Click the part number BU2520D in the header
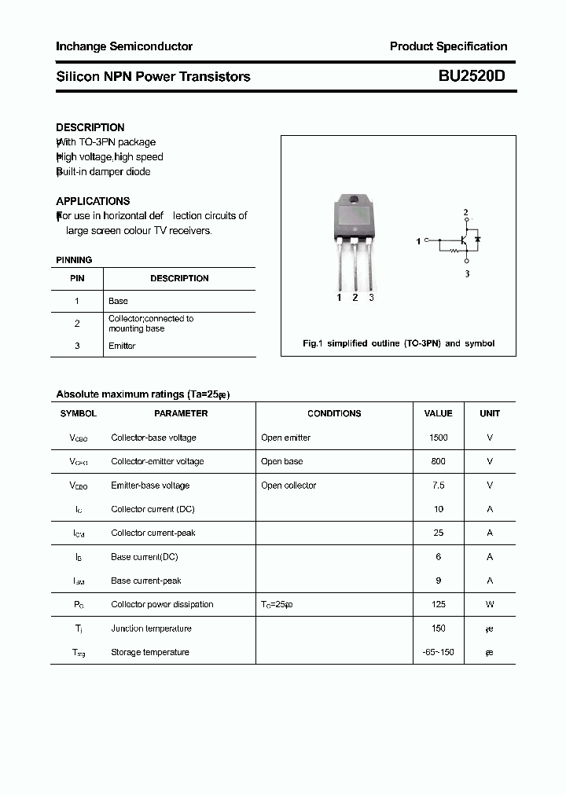[472, 76]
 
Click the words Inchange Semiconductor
[124, 46]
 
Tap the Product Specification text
[448, 46]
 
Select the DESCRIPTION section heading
[90, 127]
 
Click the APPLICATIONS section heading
[93, 201]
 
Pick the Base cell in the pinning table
[118, 301]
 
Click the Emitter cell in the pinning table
[122, 346]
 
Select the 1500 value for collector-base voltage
[438, 438]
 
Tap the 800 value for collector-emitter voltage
[438, 461]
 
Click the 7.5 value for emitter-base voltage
[438, 485]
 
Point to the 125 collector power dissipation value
[438, 604]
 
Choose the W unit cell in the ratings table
[490, 604]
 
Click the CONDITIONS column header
[334, 413]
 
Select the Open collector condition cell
[289, 485]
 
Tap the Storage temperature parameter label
[150, 652]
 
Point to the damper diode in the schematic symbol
[477, 237]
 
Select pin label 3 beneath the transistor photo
[371, 298]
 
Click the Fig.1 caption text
[399, 344]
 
